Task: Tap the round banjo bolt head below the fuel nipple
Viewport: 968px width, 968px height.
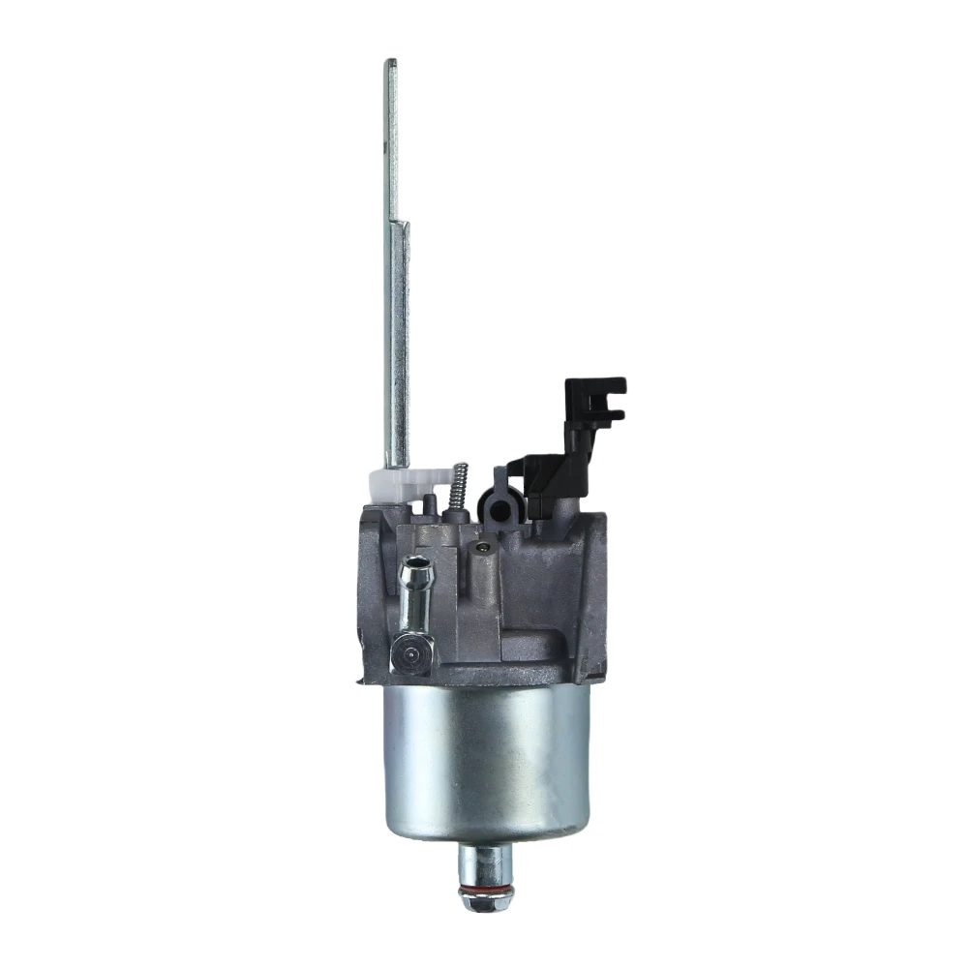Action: (411, 655)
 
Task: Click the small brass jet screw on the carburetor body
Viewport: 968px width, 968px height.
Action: (479, 550)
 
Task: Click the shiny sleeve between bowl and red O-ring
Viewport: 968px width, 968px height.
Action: (486, 862)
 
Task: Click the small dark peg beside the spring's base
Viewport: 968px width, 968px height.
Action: (429, 503)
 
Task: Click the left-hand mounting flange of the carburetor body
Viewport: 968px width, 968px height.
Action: (371, 590)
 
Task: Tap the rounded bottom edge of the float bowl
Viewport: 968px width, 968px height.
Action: (486, 835)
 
